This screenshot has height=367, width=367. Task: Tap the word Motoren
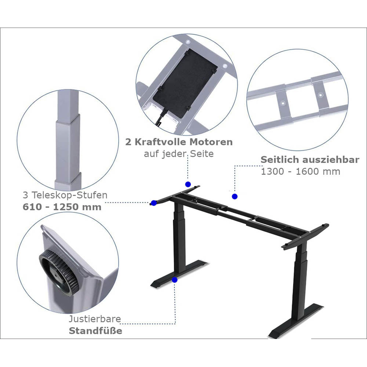pos(211,142)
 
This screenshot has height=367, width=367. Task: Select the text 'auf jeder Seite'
pos(178,154)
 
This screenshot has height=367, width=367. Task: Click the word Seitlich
pos(280,160)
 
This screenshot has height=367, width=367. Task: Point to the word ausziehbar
pos(330,160)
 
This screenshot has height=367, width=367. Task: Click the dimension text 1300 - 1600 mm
pos(300,172)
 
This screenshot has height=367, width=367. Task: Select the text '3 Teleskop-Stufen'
pos(65,195)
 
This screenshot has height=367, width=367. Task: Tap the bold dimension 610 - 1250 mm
pos(62,207)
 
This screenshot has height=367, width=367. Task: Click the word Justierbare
pos(95,319)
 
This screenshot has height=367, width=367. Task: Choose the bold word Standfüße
pos(95,331)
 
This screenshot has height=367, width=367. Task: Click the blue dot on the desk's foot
pos(175,280)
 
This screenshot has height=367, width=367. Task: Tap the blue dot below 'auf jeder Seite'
pos(188,184)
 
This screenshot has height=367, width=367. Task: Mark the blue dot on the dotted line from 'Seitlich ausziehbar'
pos(234,196)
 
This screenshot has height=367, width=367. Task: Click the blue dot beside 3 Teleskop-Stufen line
pos(154,203)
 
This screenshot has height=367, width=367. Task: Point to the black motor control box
pos(185,84)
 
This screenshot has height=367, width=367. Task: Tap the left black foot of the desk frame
pos(179,274)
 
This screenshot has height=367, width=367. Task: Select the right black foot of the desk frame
pos(296,321)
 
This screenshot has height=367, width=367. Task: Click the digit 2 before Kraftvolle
pos(128,142)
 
